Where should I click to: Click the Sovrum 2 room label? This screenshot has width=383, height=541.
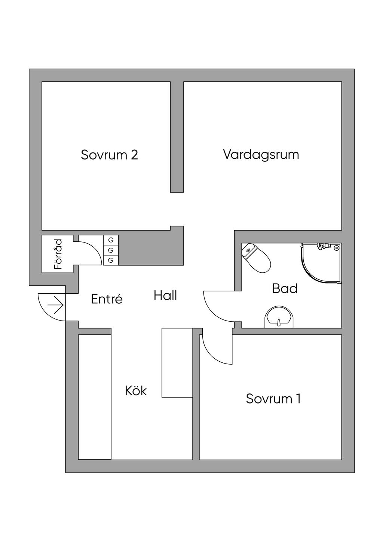[x=109, y=155]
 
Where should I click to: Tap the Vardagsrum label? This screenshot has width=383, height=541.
[x=261, y=154]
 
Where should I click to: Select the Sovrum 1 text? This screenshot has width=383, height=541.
[x=273, y=399]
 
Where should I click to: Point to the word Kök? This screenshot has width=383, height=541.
[x=136, y=391]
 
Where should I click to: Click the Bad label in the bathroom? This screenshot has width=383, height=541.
[x=285, y=288]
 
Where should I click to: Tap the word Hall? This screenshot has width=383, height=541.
[x=165, y=296]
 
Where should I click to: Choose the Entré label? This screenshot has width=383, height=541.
[x=107, y=299]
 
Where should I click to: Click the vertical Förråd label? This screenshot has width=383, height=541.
[x=58, y=254]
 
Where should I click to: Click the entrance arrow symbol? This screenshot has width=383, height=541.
[x=56, y=305]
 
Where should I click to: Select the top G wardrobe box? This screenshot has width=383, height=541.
[x=111, y=240]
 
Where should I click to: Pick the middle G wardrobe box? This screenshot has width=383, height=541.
[x=111, y=250]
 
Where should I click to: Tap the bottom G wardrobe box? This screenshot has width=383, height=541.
[x=111, y=260]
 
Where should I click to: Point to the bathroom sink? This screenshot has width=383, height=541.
[x=279, y=319]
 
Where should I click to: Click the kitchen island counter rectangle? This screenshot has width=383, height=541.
[x=177, y=362]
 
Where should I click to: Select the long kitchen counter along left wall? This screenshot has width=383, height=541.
[x=95, y=397]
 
